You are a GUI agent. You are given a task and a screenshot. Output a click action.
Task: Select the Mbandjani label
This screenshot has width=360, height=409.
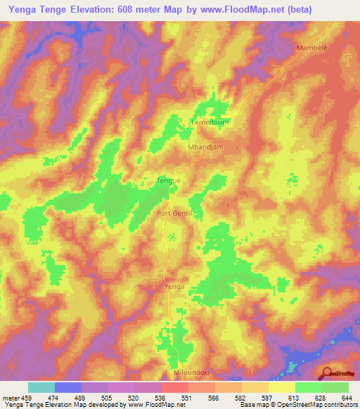[205, 148]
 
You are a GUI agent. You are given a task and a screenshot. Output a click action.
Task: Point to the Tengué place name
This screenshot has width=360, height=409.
[168, 181]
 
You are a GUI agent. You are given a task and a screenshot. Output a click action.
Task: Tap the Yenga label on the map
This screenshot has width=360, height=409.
[174, 287]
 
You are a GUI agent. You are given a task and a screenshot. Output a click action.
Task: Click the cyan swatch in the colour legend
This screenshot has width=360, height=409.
[41, 387]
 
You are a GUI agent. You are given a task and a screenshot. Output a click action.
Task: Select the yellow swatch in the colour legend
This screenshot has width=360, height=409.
[282, 387]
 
